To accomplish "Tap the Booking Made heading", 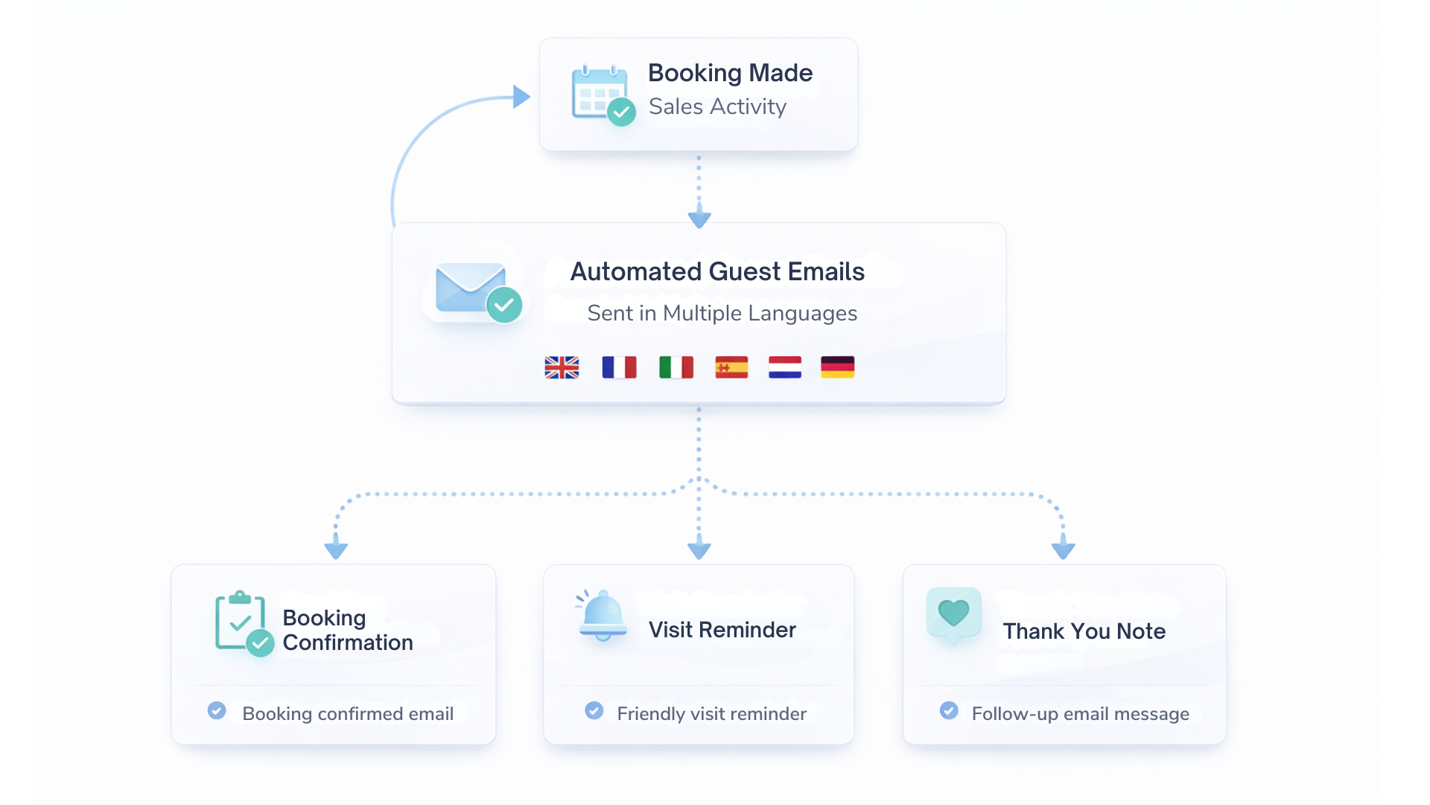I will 730,73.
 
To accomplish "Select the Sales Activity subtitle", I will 717,107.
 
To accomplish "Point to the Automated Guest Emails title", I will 717,271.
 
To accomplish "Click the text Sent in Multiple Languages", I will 722,313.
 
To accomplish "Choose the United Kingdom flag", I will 562,367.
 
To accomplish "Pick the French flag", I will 619,367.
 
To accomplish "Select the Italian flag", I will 676,367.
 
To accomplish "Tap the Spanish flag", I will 731,367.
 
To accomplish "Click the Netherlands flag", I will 785,367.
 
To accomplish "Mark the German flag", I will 837,367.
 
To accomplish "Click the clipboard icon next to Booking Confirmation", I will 241,622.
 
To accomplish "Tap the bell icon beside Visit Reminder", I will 602,616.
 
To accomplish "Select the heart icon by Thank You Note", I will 953,614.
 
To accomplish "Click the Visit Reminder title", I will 722,630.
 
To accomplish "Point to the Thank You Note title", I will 1084,631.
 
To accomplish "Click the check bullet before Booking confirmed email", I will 217,710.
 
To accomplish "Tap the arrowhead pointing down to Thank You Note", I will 1063,549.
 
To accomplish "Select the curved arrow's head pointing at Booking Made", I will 521,96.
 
